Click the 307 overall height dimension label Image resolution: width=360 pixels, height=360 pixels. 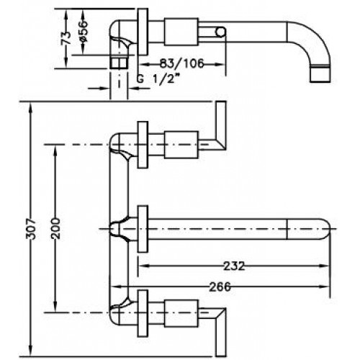pyautogui.click(x=31, y=229)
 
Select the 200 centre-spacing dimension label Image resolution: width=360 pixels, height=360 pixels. pyautogui.click(x=55, y=229)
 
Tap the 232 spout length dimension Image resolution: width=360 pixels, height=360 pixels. pyautogui.click(x=234, y=266)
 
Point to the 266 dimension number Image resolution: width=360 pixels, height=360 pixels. pyautogui.click(x=220, y=287)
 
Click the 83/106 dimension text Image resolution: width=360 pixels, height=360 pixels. pyautogui.click(x=181, y=63)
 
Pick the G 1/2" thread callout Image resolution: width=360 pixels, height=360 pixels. pyautogui.click(x=158, y=78)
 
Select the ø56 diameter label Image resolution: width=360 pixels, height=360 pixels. pyautogui.click(x=83, y=31)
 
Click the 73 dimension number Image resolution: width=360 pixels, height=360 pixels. pyautogui.click(x=66, y=38)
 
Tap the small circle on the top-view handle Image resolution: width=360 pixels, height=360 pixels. pyautogui.click(x=220, y=32)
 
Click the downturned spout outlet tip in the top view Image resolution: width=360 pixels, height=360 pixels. pyautogui.click(x=320, y=73)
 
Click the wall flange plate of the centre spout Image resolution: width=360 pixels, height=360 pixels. pyautogui.click(x=143, y=229)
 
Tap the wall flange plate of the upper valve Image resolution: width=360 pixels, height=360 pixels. pyautogui.click(x=143, y=145)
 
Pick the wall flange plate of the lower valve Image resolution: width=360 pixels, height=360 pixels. pyautogui.click(x=143, y=313)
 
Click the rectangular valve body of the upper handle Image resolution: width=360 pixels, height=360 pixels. pyautogui.click(x=181, y=145)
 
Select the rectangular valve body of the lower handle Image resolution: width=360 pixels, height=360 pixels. pyautogui.click(x=181, y=313)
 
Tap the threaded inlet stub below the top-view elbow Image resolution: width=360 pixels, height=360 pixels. pyautogui.click(x=119, y=62)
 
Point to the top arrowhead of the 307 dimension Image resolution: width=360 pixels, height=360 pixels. pyautogui.click(x=30, y=107)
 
